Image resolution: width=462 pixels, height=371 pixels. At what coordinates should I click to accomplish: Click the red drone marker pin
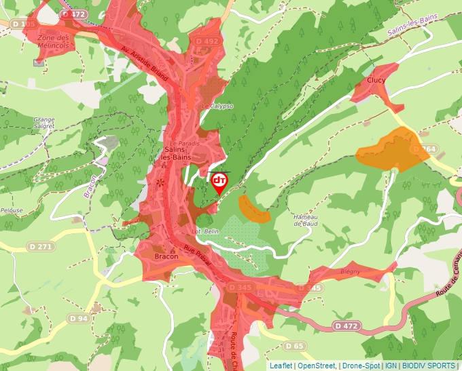pos(219,182)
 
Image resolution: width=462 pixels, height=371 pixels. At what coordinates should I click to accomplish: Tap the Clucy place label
pos(376,80)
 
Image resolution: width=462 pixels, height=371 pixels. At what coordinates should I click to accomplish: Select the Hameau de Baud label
pos(306,220)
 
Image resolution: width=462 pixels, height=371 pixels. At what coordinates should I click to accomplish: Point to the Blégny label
pos(350,272)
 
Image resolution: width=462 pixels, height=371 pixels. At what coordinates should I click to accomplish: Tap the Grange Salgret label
pos(43,123)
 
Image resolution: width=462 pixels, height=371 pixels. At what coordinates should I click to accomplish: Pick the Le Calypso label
pos(217,106)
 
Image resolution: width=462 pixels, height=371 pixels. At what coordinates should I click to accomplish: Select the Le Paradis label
pos(182,143)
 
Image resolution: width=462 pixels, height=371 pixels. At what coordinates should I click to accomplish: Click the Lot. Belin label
pos(204,231)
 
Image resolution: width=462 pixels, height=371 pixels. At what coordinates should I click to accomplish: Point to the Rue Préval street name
pos(197,256)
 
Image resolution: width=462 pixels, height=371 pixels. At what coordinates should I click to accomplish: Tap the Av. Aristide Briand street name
pos(144,64)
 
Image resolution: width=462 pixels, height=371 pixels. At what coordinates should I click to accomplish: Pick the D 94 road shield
pos(78,317)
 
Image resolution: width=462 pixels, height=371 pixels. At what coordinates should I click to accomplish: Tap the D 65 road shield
pos(294,346)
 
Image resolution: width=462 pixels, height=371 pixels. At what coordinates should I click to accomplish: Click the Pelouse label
pos(12,210)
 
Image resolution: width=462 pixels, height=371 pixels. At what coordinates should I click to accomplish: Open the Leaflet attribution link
pos(281,366)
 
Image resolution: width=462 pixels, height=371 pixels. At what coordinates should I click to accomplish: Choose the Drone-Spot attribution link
pos(361,366)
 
